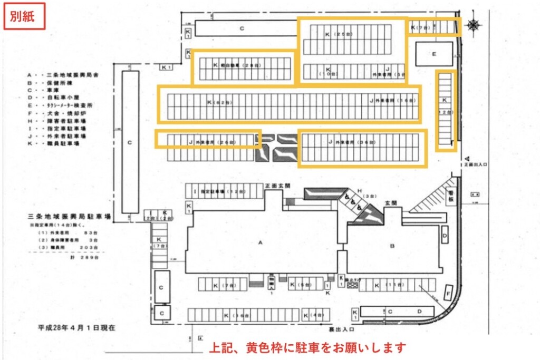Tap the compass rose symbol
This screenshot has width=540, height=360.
click(473, 24)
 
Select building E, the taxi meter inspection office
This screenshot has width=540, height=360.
click(434, 54)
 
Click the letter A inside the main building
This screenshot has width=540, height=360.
click(261, 242)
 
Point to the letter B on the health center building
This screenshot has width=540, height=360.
click(392, 245)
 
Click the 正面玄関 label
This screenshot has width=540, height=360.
click(278, 186)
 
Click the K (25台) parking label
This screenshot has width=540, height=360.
click(338, 34)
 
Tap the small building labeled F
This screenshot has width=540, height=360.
click(449, 291)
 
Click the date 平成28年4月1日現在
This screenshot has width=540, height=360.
click(76, 327)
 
